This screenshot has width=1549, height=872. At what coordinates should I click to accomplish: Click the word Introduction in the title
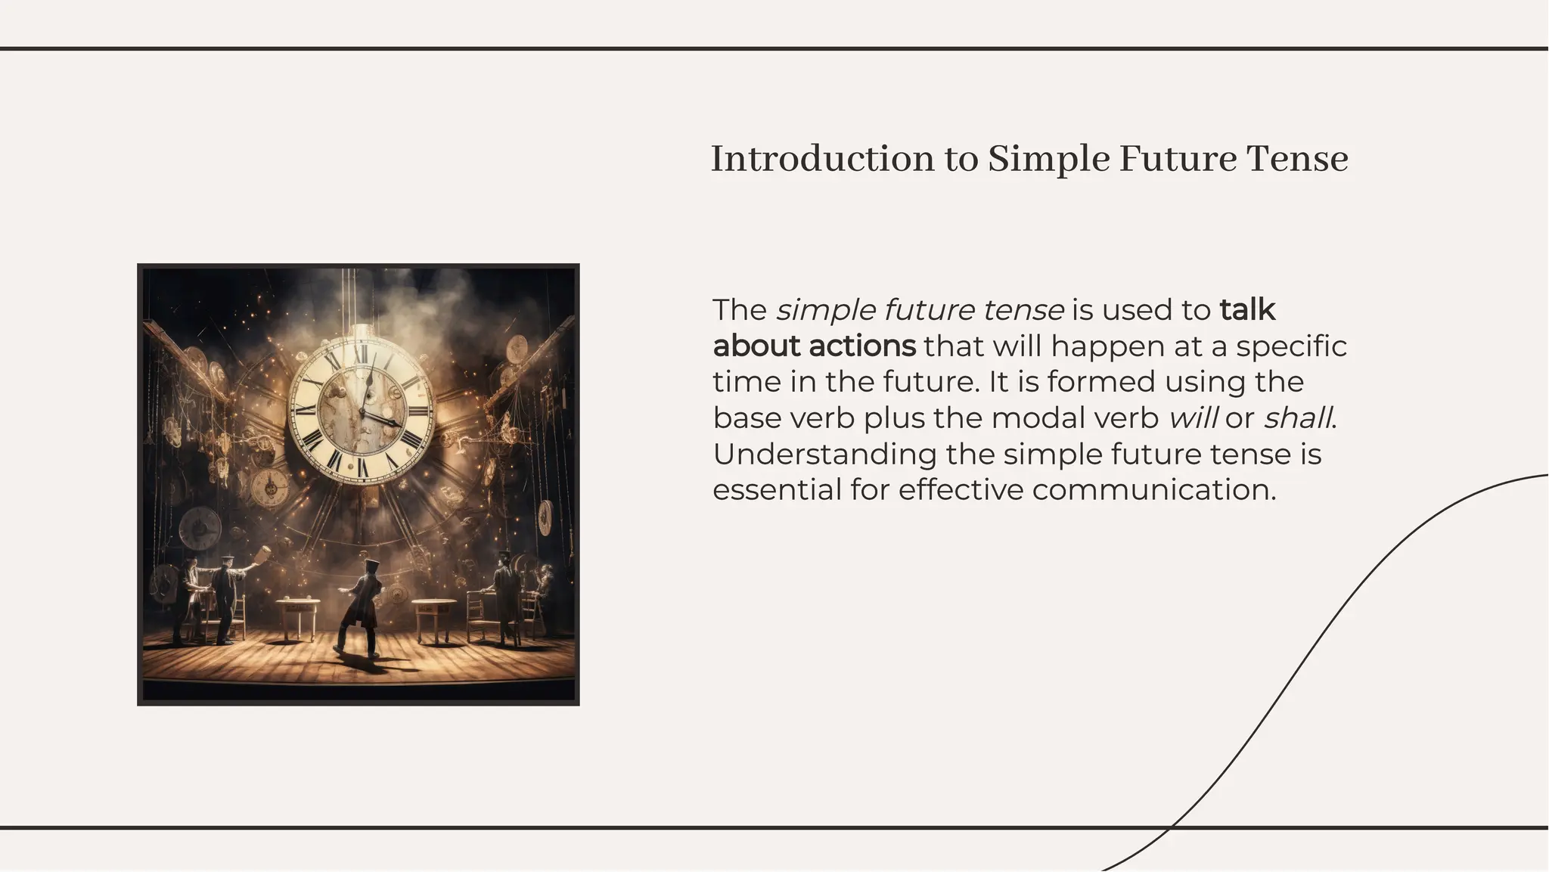pyautogui.click(x=822, y=159)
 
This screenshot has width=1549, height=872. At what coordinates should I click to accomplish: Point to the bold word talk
pyautogui.click(x=1247, y=310)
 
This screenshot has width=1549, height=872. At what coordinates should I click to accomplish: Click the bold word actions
pyautogui.click(x=861, y=346)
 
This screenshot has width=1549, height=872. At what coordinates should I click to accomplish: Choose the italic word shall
pyautogui.click(x=1297, y=417)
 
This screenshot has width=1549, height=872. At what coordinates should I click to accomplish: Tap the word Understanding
pyautogui.click(x=824, y=455)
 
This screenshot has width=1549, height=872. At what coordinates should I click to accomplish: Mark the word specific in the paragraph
pyautogui.click(x=1291, y=346)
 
